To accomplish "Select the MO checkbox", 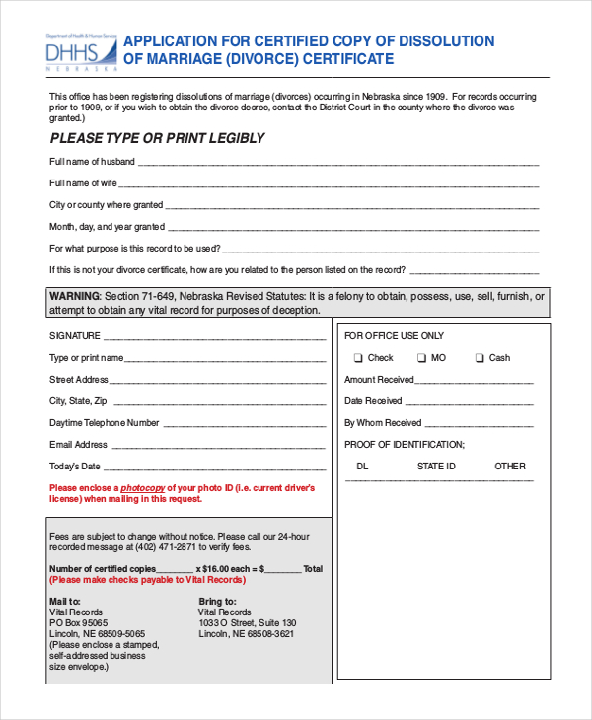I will [x=421, y=358].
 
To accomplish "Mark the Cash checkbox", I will [x=480, y=358].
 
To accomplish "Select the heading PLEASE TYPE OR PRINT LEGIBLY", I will [x=158, y=138].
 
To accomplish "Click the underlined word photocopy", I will [x=143, y=488].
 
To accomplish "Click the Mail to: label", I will [x=65, y=601].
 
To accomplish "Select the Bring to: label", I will [x=217, y=601].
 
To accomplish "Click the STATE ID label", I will [x=436, y=466].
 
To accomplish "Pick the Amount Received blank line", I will [x=475, y=382].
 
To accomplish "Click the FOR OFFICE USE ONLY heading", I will [x=394, y=336].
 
